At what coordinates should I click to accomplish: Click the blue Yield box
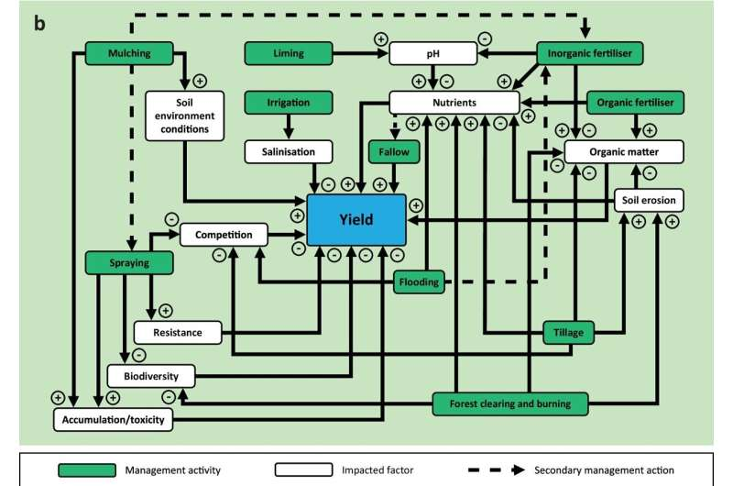pos(356,220)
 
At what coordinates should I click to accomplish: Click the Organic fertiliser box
pos(635,103)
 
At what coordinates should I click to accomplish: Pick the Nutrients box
pos(454,102)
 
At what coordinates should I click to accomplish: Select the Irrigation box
pos(290,103)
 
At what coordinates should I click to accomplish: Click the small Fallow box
pos(389,150)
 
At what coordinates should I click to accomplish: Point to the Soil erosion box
pos(648,199)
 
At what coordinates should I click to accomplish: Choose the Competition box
pos(224,235)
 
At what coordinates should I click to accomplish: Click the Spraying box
pos(128,263)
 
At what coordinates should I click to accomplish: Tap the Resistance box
pos(179,332)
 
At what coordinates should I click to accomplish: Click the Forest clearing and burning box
pos(509,402)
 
